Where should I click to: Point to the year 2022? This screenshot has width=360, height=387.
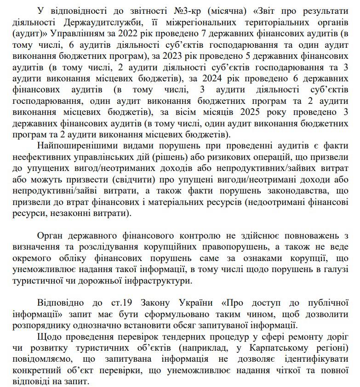pyautogui.click(x=129, y=34)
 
